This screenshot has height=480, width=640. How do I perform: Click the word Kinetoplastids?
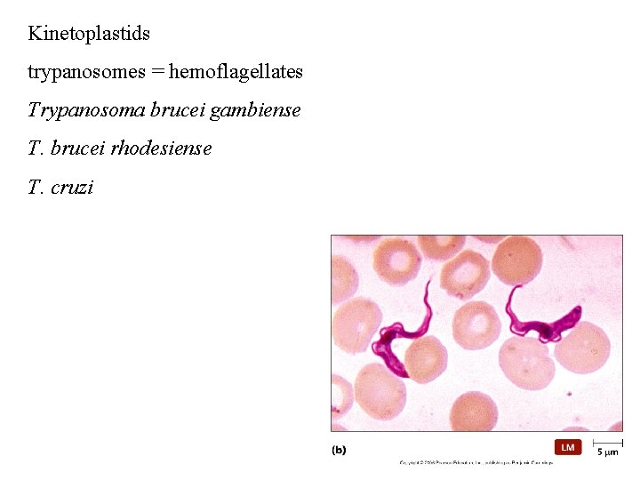89,34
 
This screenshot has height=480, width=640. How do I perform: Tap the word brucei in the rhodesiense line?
78,149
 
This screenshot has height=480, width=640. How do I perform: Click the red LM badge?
568,447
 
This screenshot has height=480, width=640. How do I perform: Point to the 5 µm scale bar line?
607,441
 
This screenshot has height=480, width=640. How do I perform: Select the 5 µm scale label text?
607,452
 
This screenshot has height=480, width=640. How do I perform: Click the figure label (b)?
339,450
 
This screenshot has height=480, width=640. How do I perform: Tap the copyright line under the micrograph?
476,463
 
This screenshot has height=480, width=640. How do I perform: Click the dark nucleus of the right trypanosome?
543,332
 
